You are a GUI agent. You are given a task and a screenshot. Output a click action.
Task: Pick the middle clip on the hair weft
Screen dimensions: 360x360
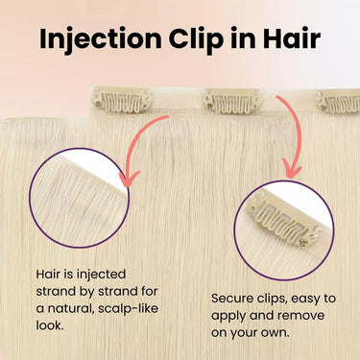pos(231,101)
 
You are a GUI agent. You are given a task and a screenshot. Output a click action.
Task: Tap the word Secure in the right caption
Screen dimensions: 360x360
pos(234,298)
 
